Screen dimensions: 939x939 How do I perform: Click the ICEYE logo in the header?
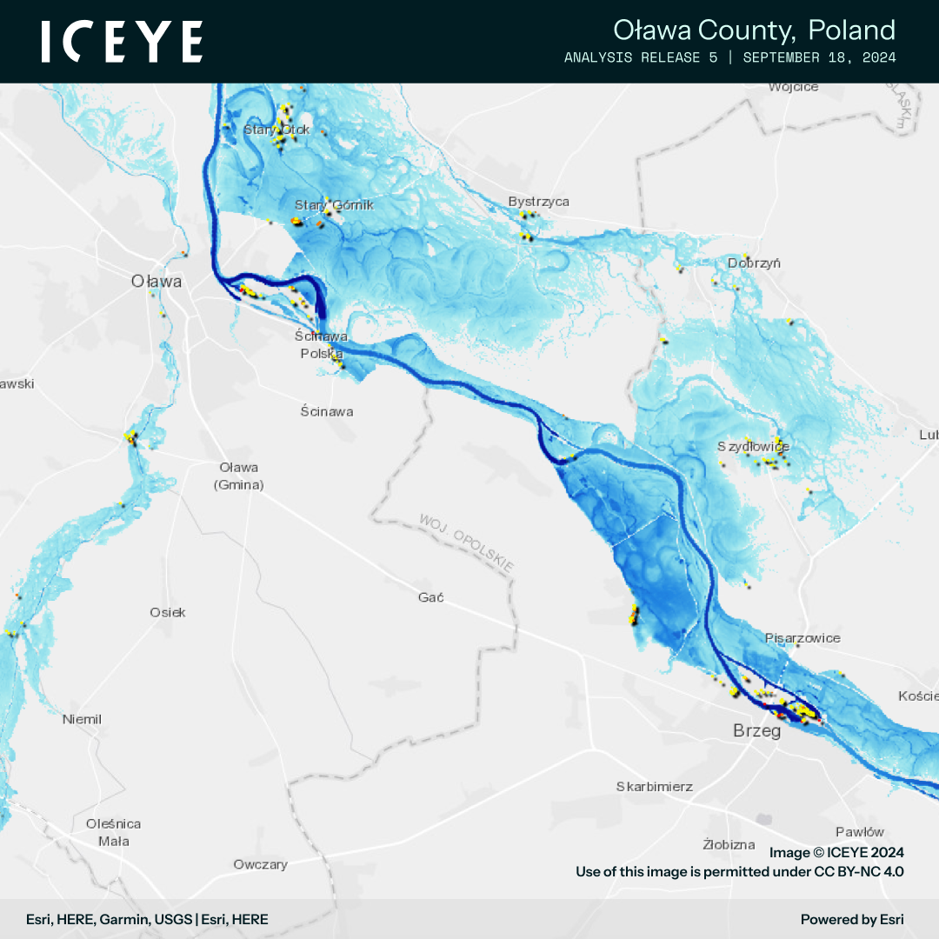[122, 42]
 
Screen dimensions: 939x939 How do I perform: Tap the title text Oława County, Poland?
[754, 30]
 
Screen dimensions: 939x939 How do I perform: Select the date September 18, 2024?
[819, 57]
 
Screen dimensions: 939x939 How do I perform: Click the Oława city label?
[156, 282]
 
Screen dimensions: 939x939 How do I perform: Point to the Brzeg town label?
[756, 731]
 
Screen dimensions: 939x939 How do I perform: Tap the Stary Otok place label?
[276, 130]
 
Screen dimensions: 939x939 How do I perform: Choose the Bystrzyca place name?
[539, 202]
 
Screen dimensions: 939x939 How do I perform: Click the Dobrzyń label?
[755, 263]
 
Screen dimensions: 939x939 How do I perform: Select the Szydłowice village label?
[753, 447]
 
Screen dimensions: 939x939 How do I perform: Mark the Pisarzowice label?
[802, 638]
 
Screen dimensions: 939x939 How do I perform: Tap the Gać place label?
[431, 597]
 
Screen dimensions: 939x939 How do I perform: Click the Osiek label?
[168, 612]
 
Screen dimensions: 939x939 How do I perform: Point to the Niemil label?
[82, 720]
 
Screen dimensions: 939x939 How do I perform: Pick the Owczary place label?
[260, 864]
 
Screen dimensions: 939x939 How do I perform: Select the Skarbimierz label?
[654, 787]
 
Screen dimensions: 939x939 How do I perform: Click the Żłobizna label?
[729, 844]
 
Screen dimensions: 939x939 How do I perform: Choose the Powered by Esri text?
[852, 919]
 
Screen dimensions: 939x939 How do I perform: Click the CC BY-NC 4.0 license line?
[739, 870]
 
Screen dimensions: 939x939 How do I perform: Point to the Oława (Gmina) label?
[238, 476]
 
